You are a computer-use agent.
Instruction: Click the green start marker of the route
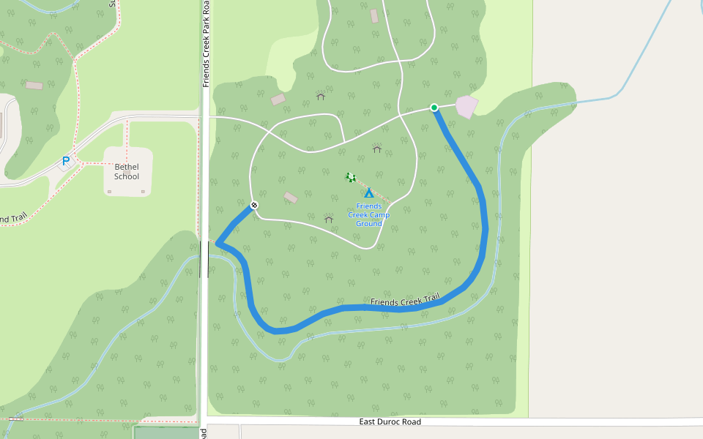[x=434, y=108]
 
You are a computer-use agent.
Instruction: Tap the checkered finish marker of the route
[x=254, y=206]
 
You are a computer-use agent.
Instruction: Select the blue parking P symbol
[x=66, y=161]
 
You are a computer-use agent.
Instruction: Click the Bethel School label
[x=127, y=172]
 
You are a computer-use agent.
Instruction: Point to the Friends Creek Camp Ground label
[x=368, y=215]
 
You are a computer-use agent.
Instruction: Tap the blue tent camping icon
[x=369, y=193]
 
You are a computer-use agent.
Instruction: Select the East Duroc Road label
[x=390, y=422]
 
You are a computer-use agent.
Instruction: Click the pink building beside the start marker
[x=466, y=106]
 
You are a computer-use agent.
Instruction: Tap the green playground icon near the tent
[x=351, y=177]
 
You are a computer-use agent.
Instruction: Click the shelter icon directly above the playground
[x=377, y=149]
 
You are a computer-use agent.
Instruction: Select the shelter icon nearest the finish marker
[x=329, y=219]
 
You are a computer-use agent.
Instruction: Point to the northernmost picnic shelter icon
[x=320, y=96]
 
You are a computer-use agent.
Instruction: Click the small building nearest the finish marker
[x=291, y=198]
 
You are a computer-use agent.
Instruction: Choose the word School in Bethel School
[x=127, y=176]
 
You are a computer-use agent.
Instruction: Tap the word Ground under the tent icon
[x=368, y=224]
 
